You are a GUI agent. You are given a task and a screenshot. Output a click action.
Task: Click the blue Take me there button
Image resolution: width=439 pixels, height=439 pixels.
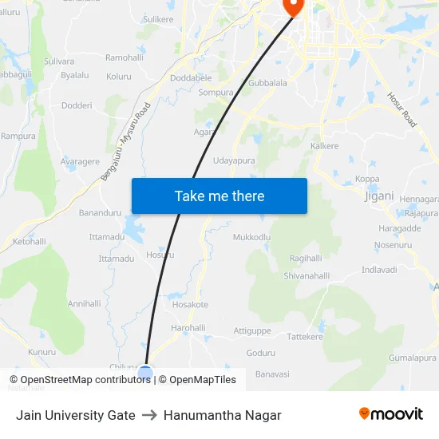219,196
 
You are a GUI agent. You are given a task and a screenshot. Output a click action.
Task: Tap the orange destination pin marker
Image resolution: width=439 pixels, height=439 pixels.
294,7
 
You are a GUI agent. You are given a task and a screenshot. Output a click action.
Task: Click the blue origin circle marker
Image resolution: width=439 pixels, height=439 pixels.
145,372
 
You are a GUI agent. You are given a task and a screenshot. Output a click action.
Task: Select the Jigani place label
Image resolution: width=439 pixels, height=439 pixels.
378,196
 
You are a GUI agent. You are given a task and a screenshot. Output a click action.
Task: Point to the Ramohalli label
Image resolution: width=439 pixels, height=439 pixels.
125,58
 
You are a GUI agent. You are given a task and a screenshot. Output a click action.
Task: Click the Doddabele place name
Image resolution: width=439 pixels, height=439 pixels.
191,78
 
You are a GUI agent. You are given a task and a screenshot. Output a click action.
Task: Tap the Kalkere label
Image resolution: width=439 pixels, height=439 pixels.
325,146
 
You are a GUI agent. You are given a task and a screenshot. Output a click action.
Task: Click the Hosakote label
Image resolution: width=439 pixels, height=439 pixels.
190,304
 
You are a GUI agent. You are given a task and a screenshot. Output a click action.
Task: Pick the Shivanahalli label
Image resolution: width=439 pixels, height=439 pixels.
307,276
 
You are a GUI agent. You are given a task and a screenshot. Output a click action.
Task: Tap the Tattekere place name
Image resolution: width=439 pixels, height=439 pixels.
304,337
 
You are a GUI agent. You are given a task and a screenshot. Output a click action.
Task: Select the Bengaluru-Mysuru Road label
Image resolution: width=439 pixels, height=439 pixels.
125,143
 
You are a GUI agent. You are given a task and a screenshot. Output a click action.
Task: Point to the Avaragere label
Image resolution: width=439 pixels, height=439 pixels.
80,161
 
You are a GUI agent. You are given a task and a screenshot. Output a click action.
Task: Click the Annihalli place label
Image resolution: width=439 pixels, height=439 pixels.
85,303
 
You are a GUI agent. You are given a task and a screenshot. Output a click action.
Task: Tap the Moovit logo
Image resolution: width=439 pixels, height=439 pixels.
391,414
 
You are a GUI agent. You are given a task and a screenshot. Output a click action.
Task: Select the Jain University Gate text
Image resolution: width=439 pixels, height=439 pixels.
75,415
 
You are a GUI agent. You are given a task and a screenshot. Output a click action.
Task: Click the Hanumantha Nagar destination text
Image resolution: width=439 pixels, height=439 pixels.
223,415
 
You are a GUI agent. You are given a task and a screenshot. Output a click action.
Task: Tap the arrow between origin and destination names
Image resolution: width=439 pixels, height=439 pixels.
149,415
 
